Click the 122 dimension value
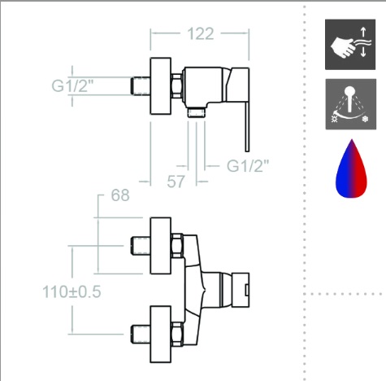pyautogui.click(x=201, y=33)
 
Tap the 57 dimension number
pyautogui.click(x=176, y=182)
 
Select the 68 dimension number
pyautogui.click(x=120, y=195)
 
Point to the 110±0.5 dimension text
pyautogui.click(x=72, y=292)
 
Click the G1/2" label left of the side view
pyautogui.click(x=72, y=86)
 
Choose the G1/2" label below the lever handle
pyautogui.click(x=248, y=166)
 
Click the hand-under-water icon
pyautogui.click(x=350, y=44)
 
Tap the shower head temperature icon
pyautogui.click(x=351, y=104)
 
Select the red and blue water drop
pyautogui.click(x=351, y=169)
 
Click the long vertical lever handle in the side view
pyautogui.click(x=247, y=127)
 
